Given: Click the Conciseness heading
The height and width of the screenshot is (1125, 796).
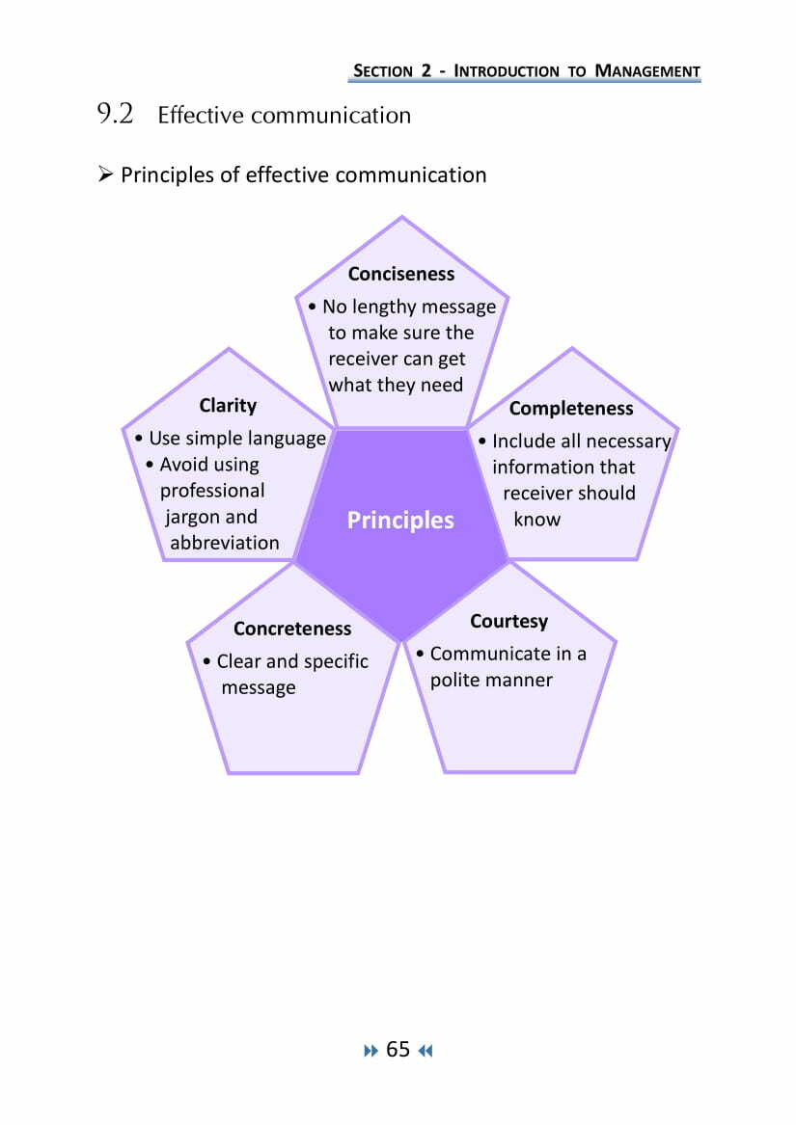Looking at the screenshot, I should [x=400, y=274].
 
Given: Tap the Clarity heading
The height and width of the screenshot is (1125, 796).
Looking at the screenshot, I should [x=228, y=405].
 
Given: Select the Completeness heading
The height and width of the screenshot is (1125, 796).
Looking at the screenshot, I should [x=571, y=409].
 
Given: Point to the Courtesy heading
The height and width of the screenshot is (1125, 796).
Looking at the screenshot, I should [x=508, y=621].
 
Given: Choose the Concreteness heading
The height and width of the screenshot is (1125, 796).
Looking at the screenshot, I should [x=292, y=629].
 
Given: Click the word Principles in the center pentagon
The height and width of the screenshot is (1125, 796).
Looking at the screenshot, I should [x=400, y=521].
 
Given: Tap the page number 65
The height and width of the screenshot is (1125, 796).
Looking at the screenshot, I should [x=398, y=1050].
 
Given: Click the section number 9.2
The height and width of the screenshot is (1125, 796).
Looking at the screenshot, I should [x=115, y=115].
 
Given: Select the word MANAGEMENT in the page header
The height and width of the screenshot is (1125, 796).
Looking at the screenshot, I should [x=646, y=70].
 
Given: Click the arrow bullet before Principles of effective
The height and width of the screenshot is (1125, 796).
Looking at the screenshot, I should [x=106, y=174].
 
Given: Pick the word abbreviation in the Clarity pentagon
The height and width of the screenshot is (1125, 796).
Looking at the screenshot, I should [x=225, y=543].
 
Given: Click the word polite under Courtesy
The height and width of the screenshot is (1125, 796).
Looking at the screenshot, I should [x=456, y=680].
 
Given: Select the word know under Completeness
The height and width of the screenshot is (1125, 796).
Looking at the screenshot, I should [x=536, y=519].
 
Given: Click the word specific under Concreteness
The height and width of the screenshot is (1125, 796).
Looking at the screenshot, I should [x=336, y=661].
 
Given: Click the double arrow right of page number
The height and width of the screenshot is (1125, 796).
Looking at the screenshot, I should [x=425, y=1051].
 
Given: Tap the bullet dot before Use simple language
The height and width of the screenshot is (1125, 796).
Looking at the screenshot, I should [x=140, y=439].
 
